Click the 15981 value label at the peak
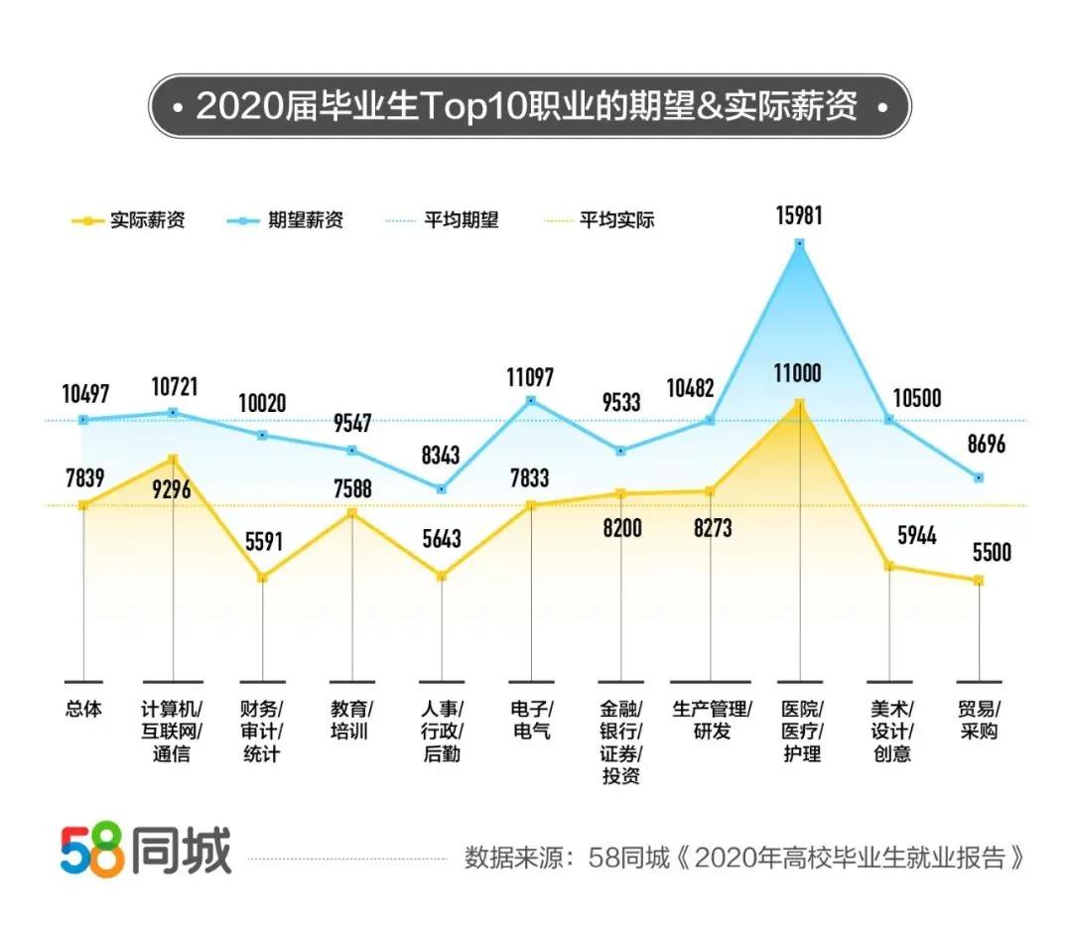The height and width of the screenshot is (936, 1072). click(x=799, y=215)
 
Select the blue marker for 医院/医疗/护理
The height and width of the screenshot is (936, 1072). click(x=799, y=242)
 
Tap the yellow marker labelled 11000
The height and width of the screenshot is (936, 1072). click(x=799, y=403)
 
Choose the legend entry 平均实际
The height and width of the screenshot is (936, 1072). click(x=617, y=220)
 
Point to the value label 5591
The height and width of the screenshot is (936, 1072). click(x=262, y=543)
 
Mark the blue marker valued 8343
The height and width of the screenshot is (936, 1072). click(x=442, y=489)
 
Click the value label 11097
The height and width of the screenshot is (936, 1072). click(x=531, y=377)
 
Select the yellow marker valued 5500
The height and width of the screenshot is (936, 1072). click(x=979, y=580)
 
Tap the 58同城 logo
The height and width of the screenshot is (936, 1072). click(x=145, y=852)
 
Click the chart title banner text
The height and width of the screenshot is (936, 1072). click(x=526, y=106)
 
